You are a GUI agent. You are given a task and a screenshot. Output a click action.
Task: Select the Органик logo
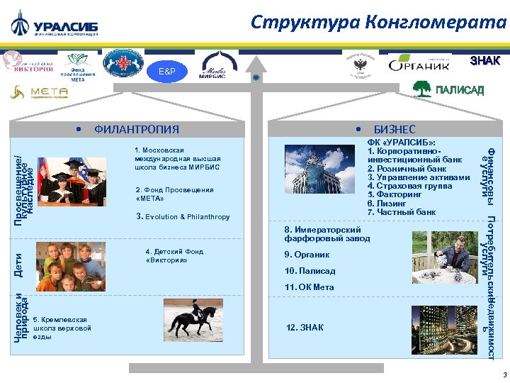[x=419, y=64]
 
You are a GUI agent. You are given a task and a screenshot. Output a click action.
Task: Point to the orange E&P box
[x=166, y=72]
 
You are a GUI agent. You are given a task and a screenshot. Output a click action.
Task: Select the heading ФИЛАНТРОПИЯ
[x=137, y=129]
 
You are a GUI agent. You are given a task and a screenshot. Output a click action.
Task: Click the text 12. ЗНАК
[x=305, y=327]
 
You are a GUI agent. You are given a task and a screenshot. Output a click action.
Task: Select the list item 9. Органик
[x=307, y=254]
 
